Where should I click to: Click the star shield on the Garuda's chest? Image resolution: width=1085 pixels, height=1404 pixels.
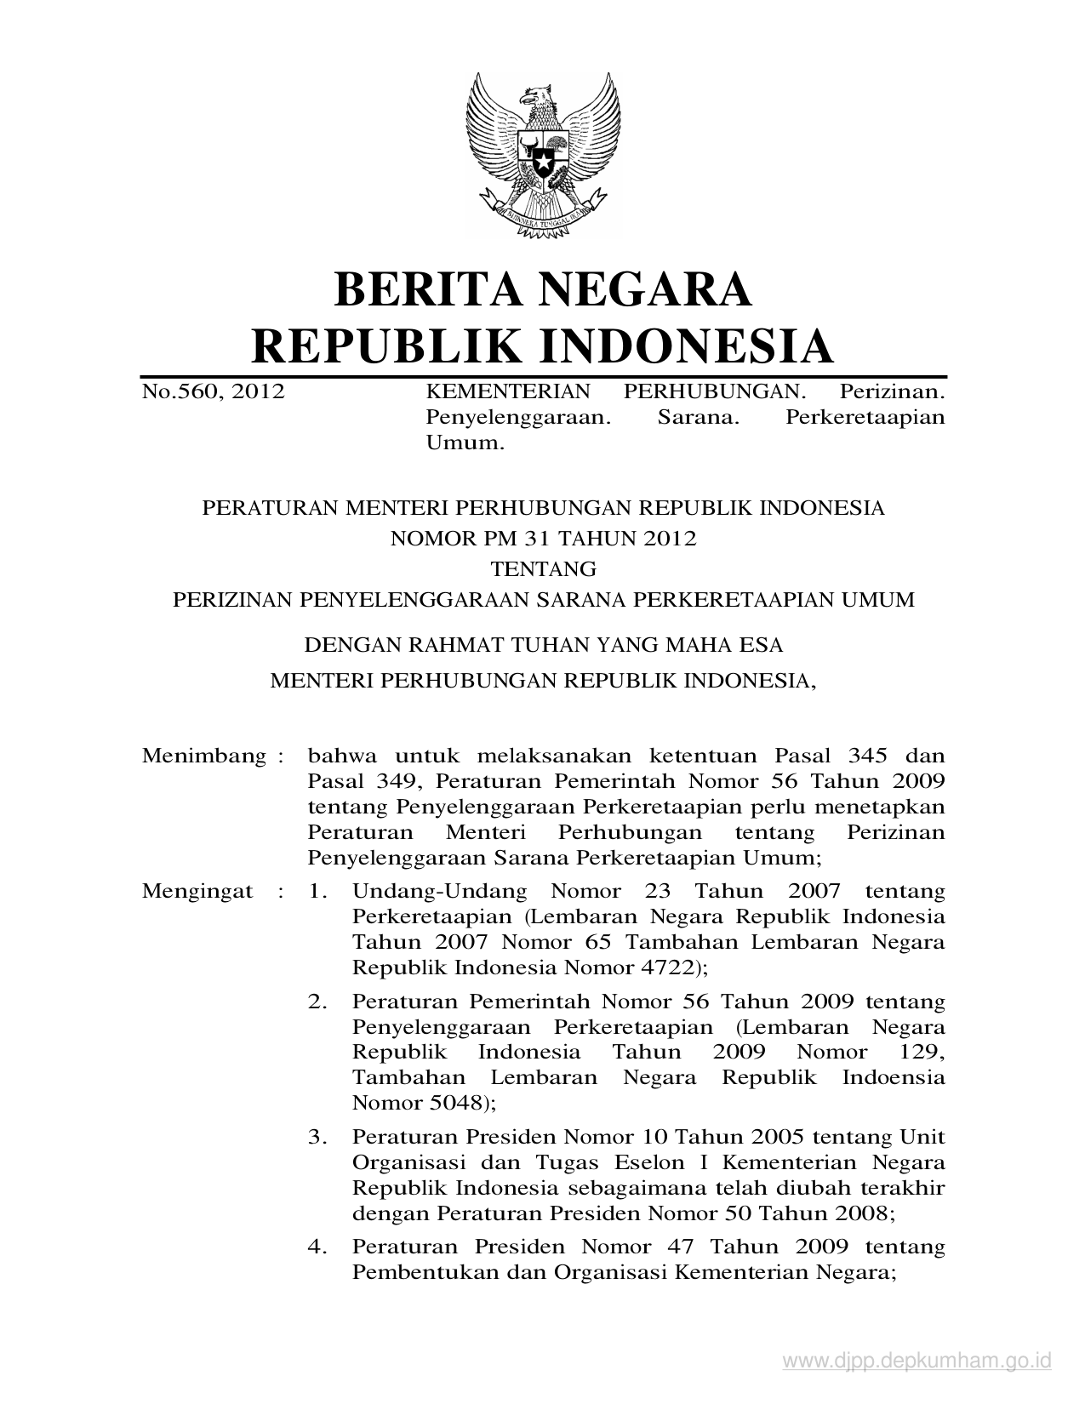coord(541,157)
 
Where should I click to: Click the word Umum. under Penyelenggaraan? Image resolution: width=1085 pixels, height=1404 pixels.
coord(465,442)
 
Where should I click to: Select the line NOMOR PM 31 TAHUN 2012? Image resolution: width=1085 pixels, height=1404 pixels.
coord(543,539)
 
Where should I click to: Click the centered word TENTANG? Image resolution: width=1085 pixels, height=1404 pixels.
coord(543,568)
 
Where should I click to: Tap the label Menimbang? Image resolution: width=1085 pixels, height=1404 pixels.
coord(204,756)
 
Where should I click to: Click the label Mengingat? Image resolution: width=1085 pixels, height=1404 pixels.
coord(197,892)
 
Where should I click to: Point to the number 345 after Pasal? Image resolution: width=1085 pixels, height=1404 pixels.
coord(868,756)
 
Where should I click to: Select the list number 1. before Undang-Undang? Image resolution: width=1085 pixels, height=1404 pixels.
coord(318,892)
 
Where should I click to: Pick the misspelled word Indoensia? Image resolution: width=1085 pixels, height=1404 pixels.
coord(894,1077)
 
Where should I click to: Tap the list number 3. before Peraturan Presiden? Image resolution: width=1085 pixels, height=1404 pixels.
coord(318,1137)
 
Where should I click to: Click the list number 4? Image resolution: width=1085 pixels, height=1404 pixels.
coord(318,1247)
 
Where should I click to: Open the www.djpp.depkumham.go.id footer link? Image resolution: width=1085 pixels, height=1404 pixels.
coord(917,1361)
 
